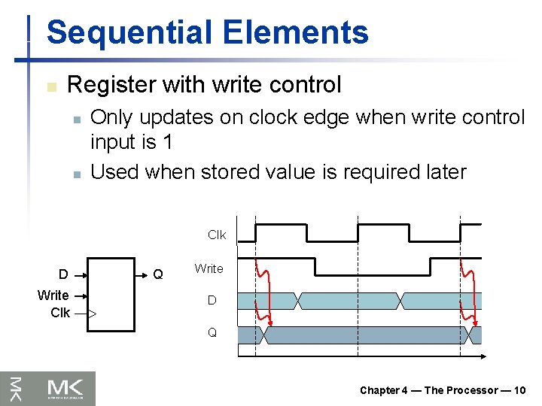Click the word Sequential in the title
(121, 33)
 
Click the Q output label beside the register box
(158, 274)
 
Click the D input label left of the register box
(64, 274)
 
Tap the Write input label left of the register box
(53, 295)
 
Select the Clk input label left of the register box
(60, 312)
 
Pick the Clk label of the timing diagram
(217, 235)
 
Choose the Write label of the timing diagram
(209, 268)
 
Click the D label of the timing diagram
(212, 301)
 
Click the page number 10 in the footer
(520, 390)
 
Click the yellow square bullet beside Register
(50, 86)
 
